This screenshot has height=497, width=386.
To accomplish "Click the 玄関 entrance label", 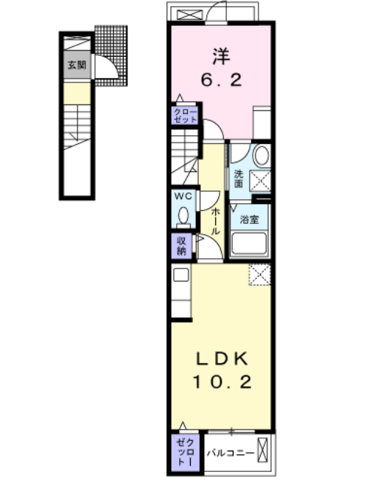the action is coord(77,65).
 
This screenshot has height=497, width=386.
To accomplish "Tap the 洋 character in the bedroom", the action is coord(222,57).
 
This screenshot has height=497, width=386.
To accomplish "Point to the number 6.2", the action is coord(222,79).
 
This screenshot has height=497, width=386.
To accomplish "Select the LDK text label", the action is coord(222,359).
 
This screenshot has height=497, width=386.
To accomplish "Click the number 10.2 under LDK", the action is coord(222,382).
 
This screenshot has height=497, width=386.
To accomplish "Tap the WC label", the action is coord(183,196).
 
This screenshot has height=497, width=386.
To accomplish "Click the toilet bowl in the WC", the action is coord(183,215).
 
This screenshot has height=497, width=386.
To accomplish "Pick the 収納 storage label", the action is coord(181,246).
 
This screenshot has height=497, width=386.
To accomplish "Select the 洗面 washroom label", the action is coord(239,179).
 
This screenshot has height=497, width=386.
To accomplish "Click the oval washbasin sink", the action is coord(262,155).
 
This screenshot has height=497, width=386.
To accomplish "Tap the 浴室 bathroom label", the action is coord(249,219).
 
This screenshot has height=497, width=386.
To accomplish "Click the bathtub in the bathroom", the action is coord(249,243).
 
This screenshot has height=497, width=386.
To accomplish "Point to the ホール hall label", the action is coord(215,221).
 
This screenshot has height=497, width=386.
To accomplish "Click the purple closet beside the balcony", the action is coord(185,452).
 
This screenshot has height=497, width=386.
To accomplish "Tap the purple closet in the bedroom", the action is coord(185,115).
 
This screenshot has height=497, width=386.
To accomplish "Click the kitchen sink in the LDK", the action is coord(181,275).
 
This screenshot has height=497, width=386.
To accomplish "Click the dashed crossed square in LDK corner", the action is coord(260,274).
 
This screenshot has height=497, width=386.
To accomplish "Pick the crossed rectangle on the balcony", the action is coord(262,450).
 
